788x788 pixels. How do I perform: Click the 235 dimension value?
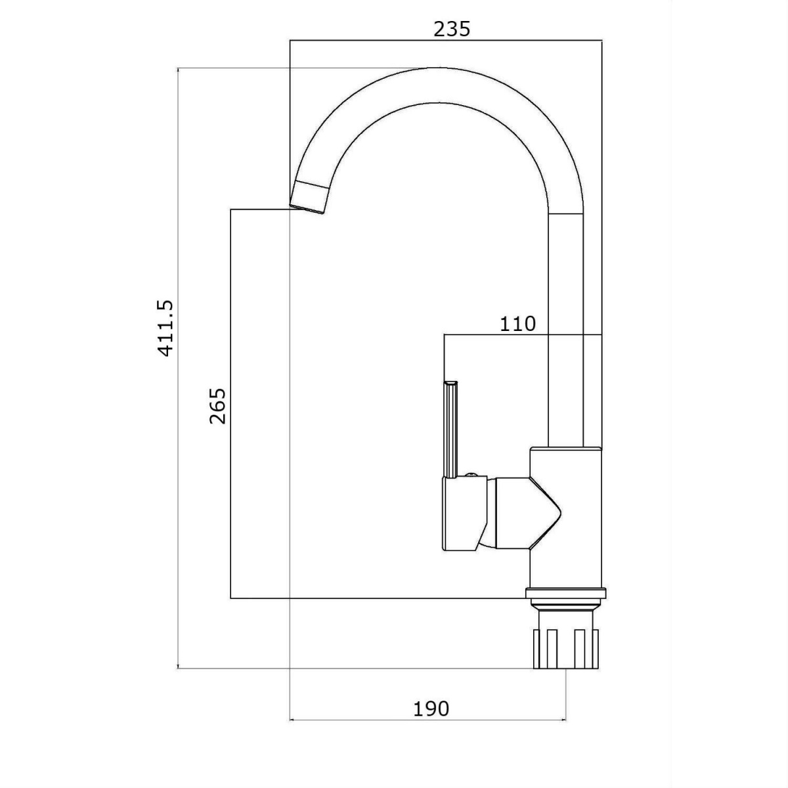[452, 29]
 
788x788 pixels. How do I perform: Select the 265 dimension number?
[217, 406]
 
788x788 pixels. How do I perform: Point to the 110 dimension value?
[517, 324]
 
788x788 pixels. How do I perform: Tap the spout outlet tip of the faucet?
[307, 209]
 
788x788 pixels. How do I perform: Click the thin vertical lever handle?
[450, 429]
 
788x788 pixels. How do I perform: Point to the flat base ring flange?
[566, 594]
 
